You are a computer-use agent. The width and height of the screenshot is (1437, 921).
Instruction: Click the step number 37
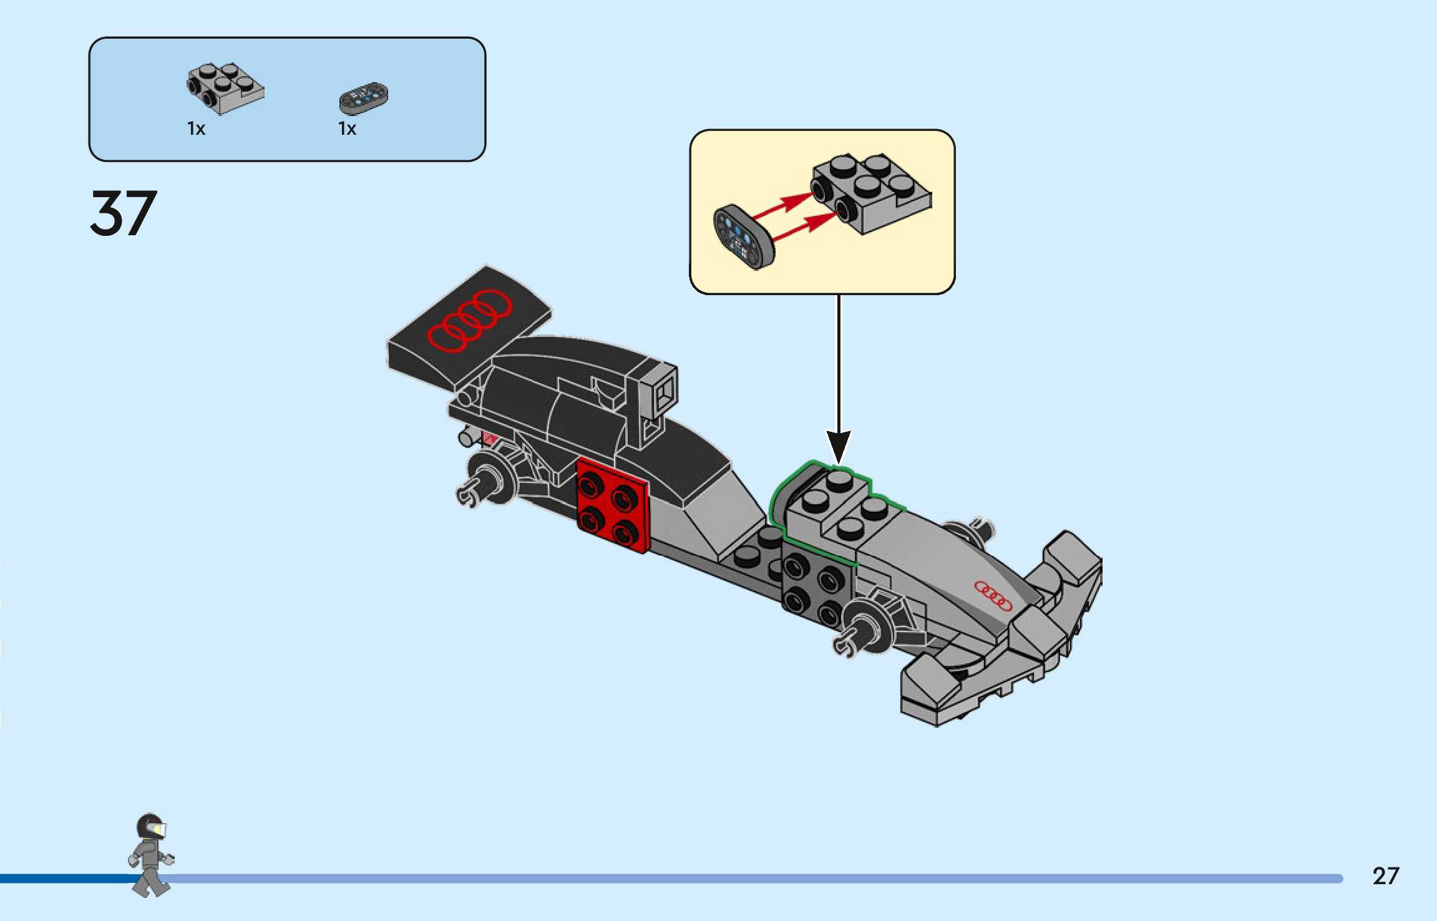123,213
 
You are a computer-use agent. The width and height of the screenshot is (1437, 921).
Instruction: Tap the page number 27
1385,876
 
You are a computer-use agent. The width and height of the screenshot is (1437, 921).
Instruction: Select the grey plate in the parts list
225,87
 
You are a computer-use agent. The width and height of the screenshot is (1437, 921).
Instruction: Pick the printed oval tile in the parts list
363,99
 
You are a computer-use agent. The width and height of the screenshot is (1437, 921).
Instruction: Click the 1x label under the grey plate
197,129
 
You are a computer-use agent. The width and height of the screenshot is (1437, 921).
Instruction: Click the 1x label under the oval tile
347,129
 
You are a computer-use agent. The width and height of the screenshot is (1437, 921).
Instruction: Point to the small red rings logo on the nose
993,596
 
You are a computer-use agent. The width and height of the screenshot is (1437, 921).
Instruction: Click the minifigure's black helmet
150,827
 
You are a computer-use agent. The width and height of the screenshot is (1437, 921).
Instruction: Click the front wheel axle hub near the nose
865,627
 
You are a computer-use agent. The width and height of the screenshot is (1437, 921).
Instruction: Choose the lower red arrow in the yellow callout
805,227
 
